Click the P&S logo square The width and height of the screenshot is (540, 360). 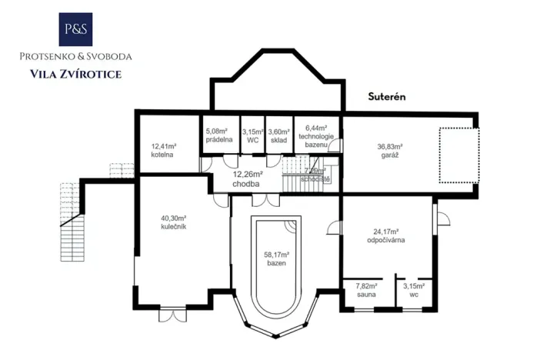coord(75,29)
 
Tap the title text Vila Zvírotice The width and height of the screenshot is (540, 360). coord(75,74)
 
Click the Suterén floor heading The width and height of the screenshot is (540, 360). coord(385,97)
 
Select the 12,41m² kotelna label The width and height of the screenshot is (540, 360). coord(164,149)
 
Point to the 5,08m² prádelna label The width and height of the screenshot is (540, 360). coord(219,134)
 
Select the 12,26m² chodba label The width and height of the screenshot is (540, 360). coord(248,179)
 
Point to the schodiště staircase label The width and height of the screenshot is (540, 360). coord(315,175)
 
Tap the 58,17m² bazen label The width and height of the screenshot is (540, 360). coord(276,258)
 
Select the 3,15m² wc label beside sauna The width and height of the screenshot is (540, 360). coord(415,289)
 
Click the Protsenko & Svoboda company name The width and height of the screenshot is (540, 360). coord(75,57)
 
